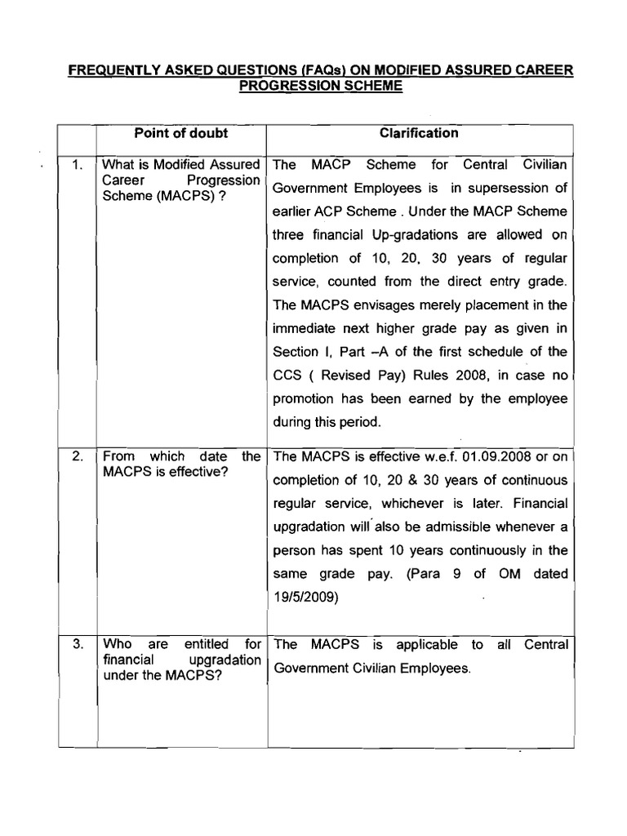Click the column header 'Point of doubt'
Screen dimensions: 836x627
point(180,133)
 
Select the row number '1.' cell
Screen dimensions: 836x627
point(78,166)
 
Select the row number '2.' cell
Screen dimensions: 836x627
point(78,456)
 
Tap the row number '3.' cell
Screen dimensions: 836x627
point(78,644)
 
